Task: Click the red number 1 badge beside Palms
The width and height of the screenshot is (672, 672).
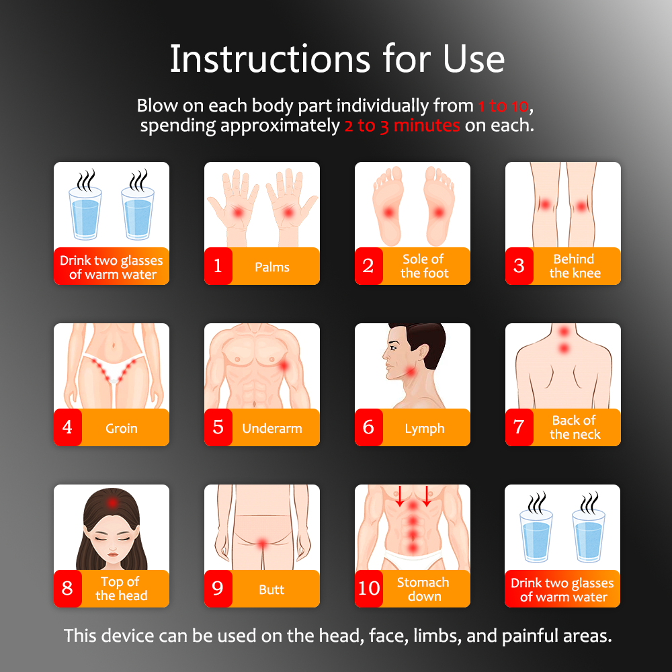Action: tap(218, 265)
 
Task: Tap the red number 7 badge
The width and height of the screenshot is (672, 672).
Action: tap(519, 427)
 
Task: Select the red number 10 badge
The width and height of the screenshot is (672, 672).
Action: tap(368, 588)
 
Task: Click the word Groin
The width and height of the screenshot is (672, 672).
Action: tap(121, 428)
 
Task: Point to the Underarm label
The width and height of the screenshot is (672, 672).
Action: tap(272, 428)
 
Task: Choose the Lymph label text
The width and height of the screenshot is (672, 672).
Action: tap(424, 429)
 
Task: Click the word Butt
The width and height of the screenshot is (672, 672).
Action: tap(271, 589)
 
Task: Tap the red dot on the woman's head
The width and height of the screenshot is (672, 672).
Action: tap(112, 502)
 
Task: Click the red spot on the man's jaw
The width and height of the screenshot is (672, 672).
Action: tap(410, 371)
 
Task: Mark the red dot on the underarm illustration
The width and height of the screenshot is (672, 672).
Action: tap(284, 366)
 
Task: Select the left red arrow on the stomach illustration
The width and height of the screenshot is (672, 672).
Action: tap(399, 496)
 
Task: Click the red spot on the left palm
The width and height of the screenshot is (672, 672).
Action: tap(237, 212)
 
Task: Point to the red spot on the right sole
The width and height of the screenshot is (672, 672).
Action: tap(439, 212)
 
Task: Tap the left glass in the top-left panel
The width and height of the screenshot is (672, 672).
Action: tap(86, 212)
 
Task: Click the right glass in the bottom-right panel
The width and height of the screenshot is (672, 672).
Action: tap(589, 536)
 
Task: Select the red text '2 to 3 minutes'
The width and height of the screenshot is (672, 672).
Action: tap(402, 126)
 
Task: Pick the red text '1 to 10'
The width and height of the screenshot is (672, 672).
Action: tap(503, 106)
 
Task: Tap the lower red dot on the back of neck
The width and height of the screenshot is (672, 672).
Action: tap(564, 348)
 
